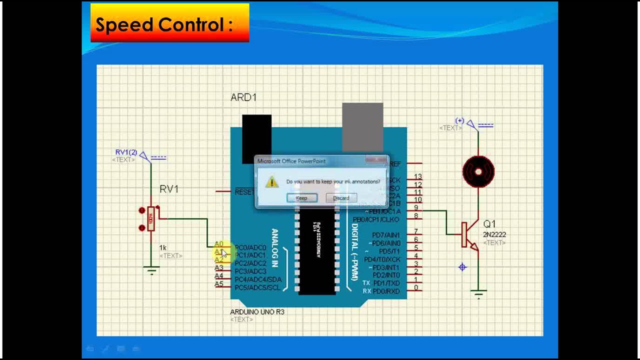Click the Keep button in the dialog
click(x=301, y=198)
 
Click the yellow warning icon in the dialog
click(x=271, y=182)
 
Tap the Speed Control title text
click(x=164, y=24)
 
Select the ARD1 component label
click(x=243, y=97)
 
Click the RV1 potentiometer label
click(x=169, y=189)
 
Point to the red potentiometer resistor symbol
click(x=150, y=219)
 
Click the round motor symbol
click(x=478, y=172)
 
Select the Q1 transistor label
click(x=489, y=224)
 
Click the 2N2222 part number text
click(x=494, y=234)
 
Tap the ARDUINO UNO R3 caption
click(x=257, y=312)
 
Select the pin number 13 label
click(x=417, y=177)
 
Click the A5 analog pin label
click(x=219, y=284)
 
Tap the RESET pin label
click(x=244, y=192)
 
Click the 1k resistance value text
click(x=162, y=247)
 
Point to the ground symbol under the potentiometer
click(x=151, y=271)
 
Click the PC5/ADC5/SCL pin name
click(x=257, y=287)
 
